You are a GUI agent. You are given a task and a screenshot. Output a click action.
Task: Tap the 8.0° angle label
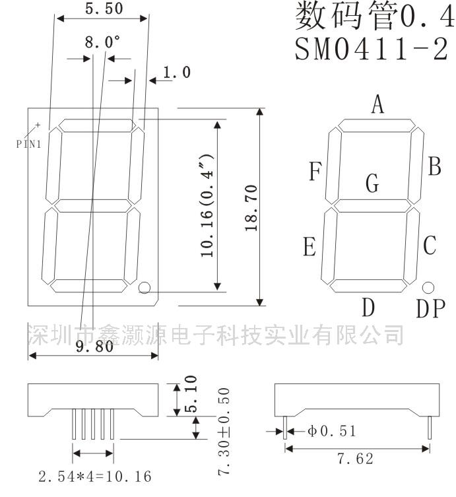click(102, 43)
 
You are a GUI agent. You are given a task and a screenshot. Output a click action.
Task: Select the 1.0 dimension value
click(176, 72)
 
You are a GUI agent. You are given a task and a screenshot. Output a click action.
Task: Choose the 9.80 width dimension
click(94, 346)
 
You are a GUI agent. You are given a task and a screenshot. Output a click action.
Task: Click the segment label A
click(377, 104)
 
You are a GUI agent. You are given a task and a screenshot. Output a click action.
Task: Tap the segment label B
click(434, 166)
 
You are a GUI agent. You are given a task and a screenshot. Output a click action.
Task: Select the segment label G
click(373, 183)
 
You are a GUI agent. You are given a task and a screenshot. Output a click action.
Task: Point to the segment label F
click(315, 172)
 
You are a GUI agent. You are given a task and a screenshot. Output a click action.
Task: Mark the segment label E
click(309, 248)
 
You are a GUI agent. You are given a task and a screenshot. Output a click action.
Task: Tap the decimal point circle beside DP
click(428, 287)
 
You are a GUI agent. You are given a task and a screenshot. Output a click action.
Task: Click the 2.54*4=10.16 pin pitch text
click(95, 476)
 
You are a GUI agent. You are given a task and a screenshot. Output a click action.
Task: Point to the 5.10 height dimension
click(191, 394)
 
